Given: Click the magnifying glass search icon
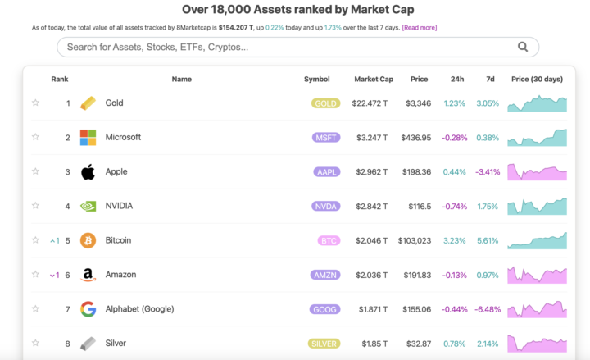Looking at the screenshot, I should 523,47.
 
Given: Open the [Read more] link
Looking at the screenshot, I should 419,28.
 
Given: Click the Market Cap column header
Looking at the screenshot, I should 374,80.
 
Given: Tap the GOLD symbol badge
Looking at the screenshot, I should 325,103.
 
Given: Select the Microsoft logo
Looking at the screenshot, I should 88,138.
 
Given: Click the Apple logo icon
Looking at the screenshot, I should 88,172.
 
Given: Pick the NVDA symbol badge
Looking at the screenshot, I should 325,207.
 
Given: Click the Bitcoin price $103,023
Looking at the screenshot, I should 413,241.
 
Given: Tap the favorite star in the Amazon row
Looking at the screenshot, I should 35,276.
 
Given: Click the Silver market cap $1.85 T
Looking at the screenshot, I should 374,344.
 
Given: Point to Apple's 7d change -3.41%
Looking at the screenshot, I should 488,172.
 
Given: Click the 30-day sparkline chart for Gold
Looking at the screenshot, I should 537,103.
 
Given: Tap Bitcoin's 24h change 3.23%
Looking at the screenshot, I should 454,241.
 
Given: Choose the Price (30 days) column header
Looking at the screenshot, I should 537,80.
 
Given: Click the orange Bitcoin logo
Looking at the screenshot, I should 88,241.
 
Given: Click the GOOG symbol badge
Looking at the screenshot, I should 325,309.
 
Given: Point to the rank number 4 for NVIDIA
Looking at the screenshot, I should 68,207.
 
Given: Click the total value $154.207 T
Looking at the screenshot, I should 242,28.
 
